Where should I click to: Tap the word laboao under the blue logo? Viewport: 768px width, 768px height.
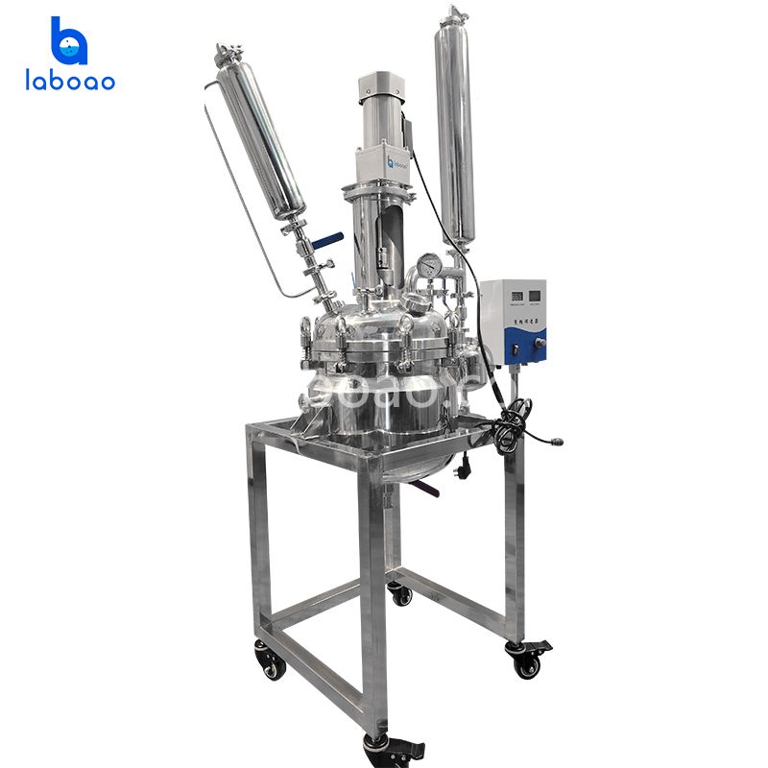pyautogui.click(x=70, y=81)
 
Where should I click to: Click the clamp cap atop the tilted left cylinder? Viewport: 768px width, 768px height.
pyautogui.click(x=228, y=54)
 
